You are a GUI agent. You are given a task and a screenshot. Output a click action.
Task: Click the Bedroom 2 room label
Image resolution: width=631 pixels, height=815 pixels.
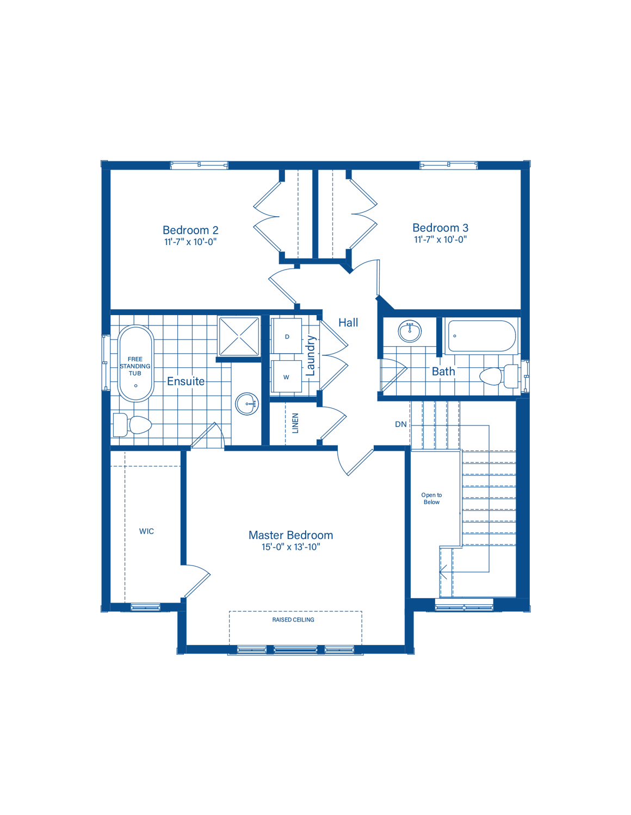[190, 229]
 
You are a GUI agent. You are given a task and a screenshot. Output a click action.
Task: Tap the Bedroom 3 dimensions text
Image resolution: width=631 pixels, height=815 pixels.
[440, 239]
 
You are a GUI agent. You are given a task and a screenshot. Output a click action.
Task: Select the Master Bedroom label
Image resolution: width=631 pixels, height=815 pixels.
[290, 535]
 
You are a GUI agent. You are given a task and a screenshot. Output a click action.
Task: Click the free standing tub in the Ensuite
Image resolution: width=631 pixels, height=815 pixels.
[135, 363]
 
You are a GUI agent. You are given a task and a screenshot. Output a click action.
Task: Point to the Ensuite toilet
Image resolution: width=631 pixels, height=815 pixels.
[132, 424]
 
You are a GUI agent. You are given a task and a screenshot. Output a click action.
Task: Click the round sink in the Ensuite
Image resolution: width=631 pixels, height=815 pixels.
[246, 404]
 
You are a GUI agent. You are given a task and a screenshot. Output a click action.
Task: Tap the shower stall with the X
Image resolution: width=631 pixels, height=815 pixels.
[239, 336]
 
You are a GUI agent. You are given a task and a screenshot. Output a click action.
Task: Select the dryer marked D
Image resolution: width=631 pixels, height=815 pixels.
[287, 336]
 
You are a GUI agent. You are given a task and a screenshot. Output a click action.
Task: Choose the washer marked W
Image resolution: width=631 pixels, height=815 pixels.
[287, 377]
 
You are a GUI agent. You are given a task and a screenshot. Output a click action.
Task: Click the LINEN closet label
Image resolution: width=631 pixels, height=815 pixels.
[295, 423]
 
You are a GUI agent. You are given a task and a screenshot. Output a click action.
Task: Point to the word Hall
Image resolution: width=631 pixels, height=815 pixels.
[348, 323]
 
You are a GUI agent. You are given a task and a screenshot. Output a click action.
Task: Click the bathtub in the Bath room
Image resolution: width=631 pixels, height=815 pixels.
[481, 336]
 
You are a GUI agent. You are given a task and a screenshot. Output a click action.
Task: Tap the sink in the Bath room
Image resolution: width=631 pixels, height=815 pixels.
[410, 331]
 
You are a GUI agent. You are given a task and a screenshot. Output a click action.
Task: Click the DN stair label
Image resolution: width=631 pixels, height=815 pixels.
[400, 424]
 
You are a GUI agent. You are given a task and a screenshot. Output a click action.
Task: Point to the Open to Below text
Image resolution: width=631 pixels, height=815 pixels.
[431, 498]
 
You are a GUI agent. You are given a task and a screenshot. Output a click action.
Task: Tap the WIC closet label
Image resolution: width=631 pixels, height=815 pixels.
[146, 531]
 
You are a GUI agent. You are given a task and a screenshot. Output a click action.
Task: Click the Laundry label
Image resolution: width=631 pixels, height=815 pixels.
[311, 355]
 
